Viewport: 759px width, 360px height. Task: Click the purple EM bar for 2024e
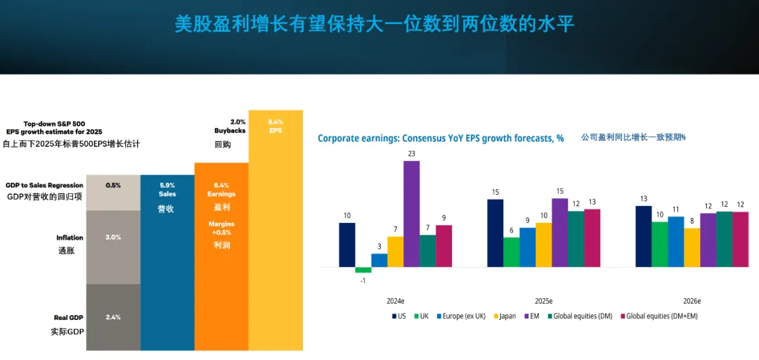[x=411, y=214]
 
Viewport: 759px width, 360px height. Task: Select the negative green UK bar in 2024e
[x=363, y=270]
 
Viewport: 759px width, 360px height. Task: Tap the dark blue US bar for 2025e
[x=495, y=233]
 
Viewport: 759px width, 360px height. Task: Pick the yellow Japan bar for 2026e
[x=692, y=247]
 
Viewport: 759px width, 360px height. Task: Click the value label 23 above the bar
[x=411, y=154]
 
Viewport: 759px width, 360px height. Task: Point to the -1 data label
[x=363, y=281]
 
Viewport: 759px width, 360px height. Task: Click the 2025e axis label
[x=544, y=301]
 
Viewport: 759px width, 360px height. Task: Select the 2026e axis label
[x=692, y=301]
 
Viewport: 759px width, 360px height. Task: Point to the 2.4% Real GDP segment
[x=113, y=317]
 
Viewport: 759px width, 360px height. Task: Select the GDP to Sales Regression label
[x=44, y=186]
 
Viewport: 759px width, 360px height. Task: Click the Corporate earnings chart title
[x=441, y=139]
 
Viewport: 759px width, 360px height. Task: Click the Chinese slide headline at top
[x=375, y=25]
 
